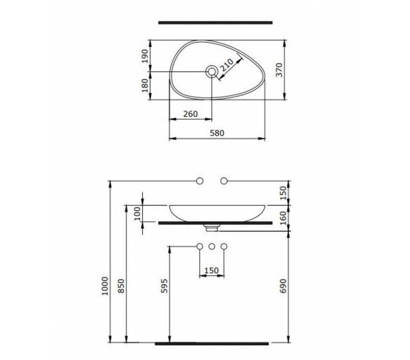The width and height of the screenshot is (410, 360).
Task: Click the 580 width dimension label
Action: [x=217, y=133]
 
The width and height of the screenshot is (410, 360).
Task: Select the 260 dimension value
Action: [x=190, y=114]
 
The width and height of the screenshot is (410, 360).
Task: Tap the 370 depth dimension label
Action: [x=279, y=69]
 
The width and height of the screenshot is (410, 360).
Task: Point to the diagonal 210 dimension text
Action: [x=227, y=65]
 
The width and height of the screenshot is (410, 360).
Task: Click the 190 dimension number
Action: [x=145, y=56]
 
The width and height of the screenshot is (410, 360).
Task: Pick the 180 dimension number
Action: [x=145, y=85]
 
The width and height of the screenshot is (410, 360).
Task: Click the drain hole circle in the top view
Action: [x=212, y=71]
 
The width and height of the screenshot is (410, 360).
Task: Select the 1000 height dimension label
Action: [x=105, y=286]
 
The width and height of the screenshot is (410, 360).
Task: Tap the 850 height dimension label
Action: [x=121, y=286]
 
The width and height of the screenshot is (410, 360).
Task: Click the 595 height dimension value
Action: [x=164, y=286]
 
